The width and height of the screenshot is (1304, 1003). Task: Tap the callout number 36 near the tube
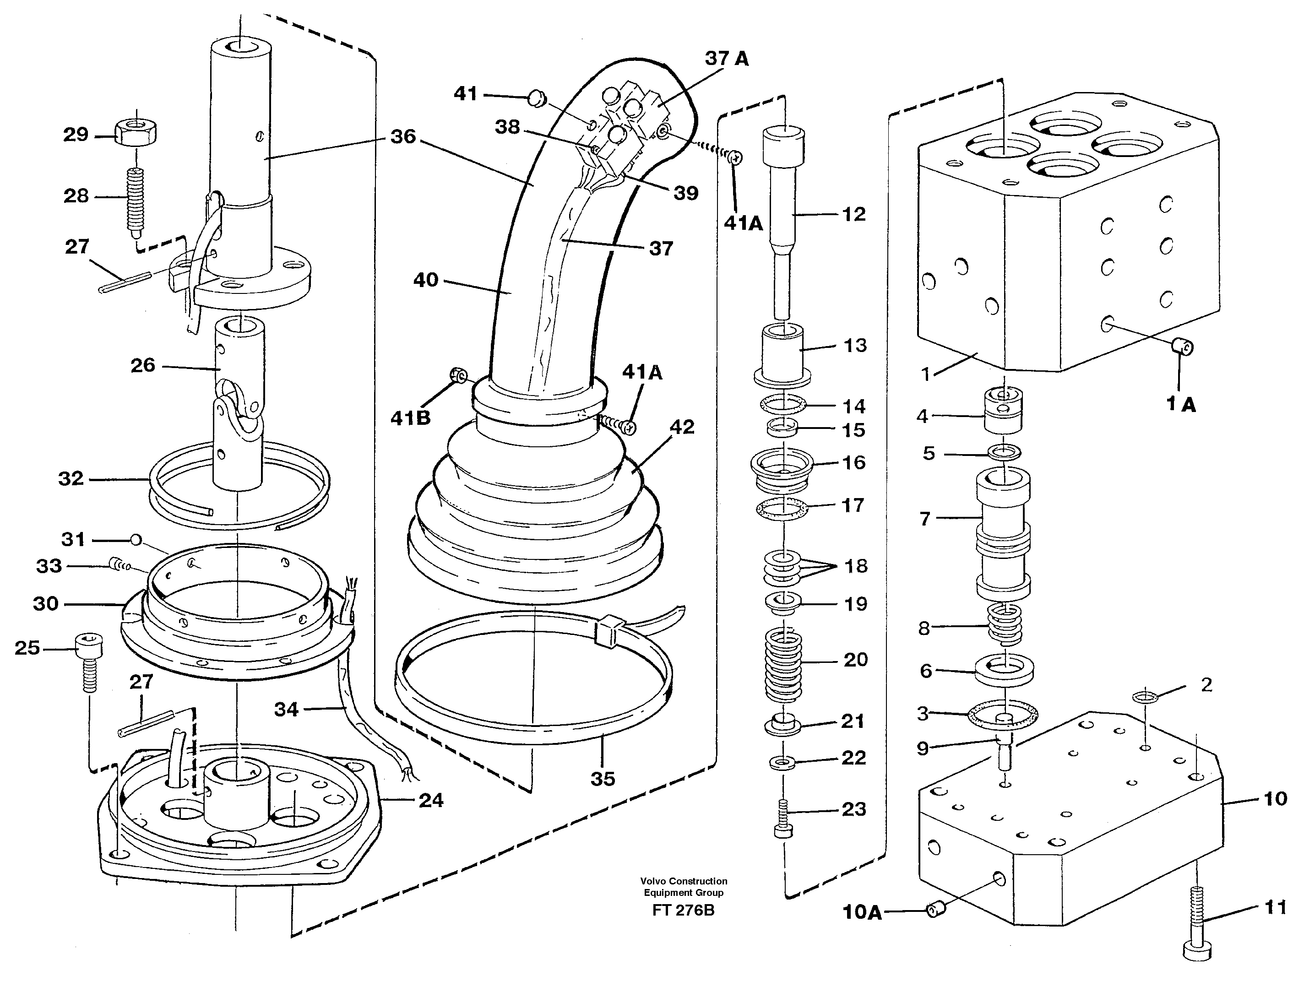click(x=403, y=137)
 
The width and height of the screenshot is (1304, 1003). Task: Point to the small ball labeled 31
click(x=136, y=540)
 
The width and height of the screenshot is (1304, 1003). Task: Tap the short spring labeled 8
click(x=1005, y=624)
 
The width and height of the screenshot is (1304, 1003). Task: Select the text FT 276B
click(x=684, y=911)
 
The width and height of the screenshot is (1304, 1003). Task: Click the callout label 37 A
click(x=727, y=59)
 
